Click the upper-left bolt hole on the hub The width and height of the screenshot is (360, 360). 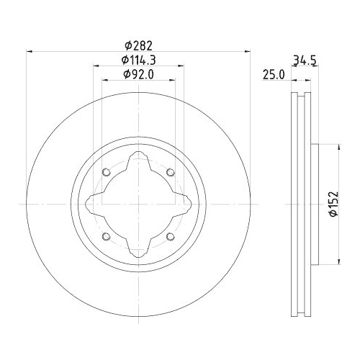pos(106,172)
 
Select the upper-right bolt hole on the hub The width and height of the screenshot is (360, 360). pos(171,172)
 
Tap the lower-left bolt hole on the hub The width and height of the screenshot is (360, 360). pos(106,237)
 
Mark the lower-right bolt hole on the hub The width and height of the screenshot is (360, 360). pos(171,237)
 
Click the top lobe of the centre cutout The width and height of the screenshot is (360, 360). pos(138,162)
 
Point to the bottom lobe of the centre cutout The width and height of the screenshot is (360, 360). pos(138,247)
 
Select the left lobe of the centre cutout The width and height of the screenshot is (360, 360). pos(96,204)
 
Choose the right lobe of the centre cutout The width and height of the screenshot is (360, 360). pos(181,204)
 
